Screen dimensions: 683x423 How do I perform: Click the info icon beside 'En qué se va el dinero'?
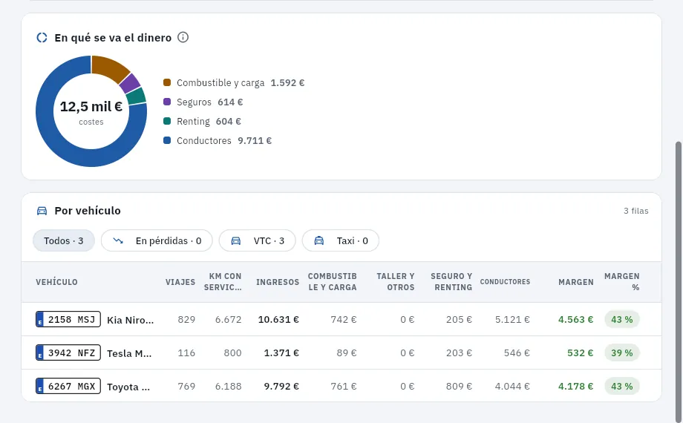(x=183, y=37)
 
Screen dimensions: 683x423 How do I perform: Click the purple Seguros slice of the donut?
(x=129, y=84)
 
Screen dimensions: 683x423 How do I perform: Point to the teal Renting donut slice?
(x=137, y=96)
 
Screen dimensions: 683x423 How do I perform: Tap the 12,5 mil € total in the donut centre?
(x=91, y=106)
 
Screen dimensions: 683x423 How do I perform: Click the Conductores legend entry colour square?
(x=167, y=140)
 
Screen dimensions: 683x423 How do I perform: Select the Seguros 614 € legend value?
(x=230, y=102)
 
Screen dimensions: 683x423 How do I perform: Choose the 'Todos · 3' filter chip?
(x=64, y=241)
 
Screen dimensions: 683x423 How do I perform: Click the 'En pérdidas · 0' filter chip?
(x=157, y=241)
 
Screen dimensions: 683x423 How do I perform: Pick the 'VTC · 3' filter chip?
(x=258, y=241)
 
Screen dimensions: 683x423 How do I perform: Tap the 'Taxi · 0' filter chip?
(x=341, y=241)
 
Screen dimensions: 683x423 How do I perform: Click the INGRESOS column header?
(x=278, y=282)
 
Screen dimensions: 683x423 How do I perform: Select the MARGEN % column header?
(x=621, y=282)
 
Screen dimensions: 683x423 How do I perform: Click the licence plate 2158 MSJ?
(x=68, y=319)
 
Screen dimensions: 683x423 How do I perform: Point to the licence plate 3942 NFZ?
(x=68, y=352)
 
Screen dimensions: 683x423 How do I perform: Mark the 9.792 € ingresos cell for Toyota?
(x=281, y=387)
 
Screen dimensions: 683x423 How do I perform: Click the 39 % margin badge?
(x=621, y=352)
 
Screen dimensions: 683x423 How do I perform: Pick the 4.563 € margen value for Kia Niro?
(x=575, y=319)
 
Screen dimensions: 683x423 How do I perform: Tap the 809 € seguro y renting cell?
(x=459, y=387)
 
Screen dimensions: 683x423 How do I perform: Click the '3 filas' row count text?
(x=636, y=211)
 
